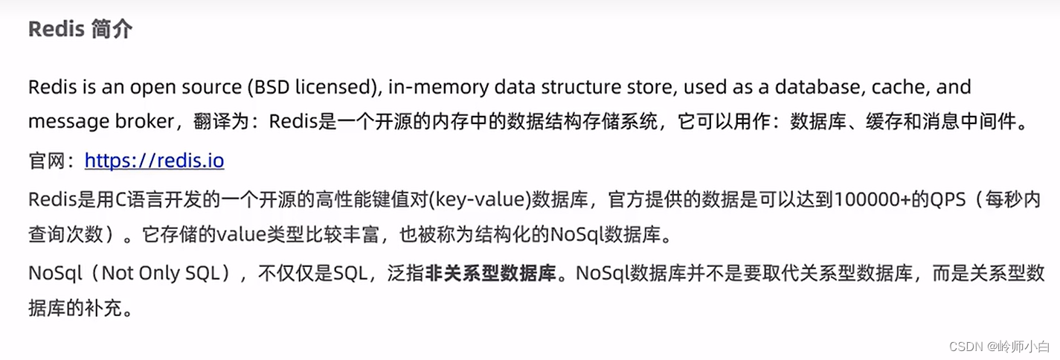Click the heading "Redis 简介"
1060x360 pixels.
click(x=80, y=29)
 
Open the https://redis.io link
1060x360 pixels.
click(x=154, y=161)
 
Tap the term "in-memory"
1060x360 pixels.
click(x=429, y=87)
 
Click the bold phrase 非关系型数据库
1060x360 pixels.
click(x=491, y=273)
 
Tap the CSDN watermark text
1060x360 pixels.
click(x=965, y=347)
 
